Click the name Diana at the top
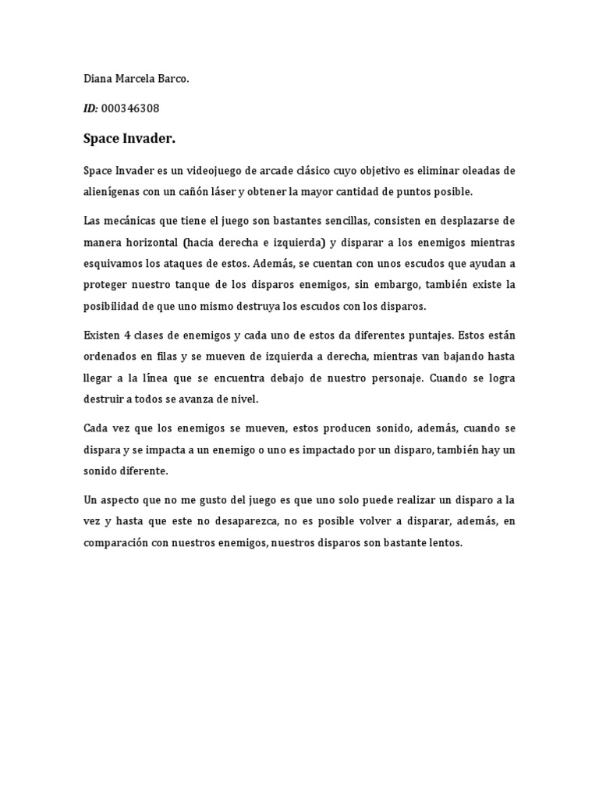[97, 80]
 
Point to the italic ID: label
[90, 108]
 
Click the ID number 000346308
[130, 108]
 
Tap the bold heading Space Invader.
[129, 139]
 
